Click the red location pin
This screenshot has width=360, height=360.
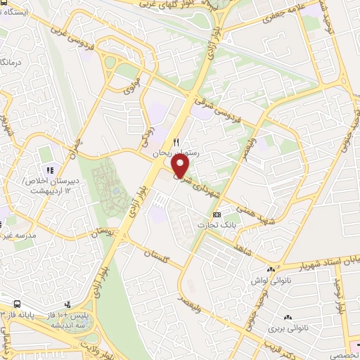181,166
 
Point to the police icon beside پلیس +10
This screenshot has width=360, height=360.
67,305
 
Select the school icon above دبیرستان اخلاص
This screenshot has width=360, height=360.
49,170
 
